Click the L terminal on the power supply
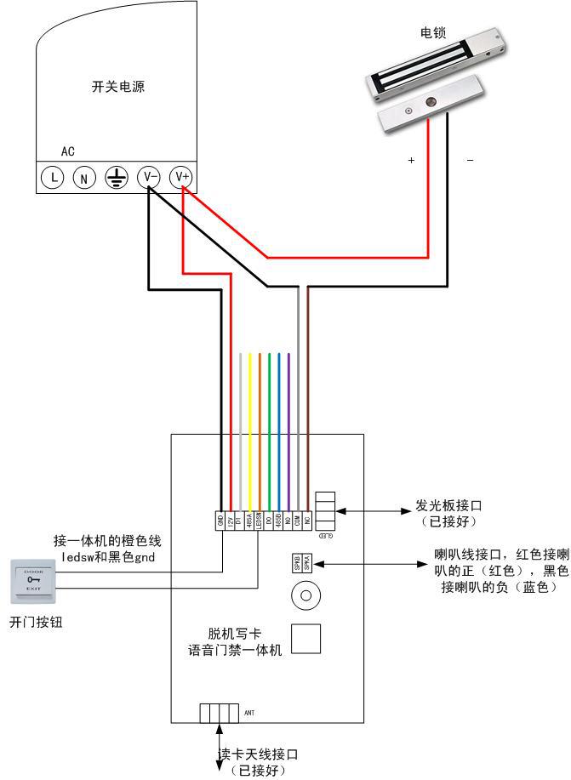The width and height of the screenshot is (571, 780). pyautogui.click(x=54, y=177)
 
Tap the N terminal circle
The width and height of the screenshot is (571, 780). pyautogui.click(x=83, y=178)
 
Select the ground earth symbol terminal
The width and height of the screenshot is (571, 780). pyautogui.click(x=117, y=177)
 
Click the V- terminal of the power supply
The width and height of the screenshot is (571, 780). pyautogui.click(x=149, y=176)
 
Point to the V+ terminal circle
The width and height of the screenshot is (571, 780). pyautogui.click(x=181, y=176)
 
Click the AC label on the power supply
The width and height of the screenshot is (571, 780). pyautogui.click(x=68, y=151)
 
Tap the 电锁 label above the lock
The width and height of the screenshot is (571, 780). pyautogui.click(x=433, y=33)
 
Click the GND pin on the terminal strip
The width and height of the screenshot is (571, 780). pyautogui.click(x=220, y=520)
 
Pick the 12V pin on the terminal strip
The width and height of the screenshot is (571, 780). pyautogui.click(x=230, y=520)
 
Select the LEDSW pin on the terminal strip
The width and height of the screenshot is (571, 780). pyautogui.click(x=259, y=520)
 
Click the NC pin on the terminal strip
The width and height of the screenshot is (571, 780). pyautogui.click(x=307, y=520)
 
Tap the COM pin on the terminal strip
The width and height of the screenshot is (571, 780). pyautogui.click(x=298, y=520)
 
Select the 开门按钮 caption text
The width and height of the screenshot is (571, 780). pyautogui.click(x=36, y=622)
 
